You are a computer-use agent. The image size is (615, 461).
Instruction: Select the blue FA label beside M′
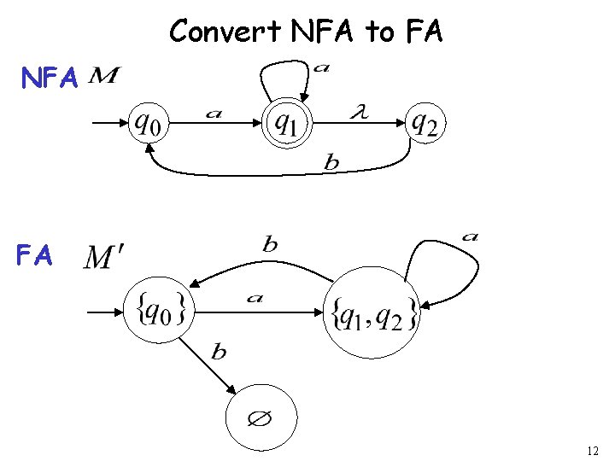click(35, 255)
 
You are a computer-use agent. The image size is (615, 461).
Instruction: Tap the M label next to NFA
click(103, 77)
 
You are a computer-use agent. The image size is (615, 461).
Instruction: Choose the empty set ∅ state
click(261, 420)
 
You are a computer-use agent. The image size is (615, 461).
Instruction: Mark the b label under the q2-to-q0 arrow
click(331, 163)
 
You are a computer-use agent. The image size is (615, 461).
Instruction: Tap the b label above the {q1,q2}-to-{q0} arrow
click(270, 245)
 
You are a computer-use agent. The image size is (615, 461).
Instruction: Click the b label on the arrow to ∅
click(219, 352)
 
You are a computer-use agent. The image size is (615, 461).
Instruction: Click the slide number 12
click(594, 450)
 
